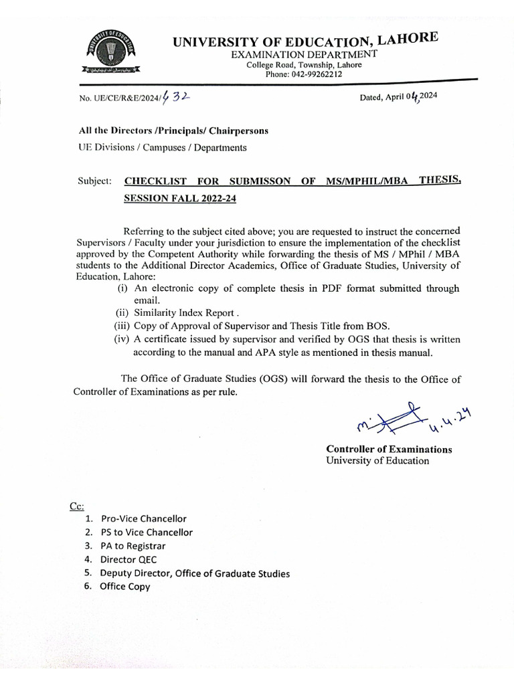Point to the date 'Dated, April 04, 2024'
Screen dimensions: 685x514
399,96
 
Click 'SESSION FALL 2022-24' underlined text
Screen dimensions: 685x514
180,199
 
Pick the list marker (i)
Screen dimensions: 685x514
122,288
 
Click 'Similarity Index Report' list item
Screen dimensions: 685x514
185,312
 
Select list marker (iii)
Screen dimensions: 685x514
122,326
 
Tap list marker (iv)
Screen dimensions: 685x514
122,338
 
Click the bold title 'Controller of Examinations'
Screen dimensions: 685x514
389,450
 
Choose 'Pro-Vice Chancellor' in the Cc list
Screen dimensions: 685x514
143,518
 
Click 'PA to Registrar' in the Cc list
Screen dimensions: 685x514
133,546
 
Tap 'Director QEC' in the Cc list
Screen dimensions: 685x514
128,559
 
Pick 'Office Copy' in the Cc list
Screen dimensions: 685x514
125,587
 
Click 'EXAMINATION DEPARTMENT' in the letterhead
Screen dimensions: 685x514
304,54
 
